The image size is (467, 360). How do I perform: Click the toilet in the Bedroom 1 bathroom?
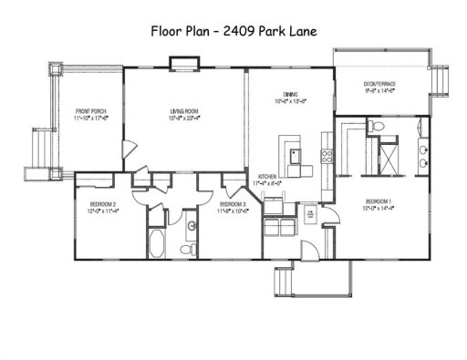378,125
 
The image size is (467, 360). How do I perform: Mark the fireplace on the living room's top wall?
182,64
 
